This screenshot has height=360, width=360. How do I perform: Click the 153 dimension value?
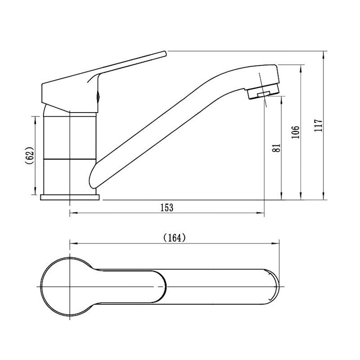167,207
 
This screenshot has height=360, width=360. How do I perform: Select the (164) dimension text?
175,238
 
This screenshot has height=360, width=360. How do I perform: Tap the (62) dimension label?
30,155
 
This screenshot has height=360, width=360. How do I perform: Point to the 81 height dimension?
276,148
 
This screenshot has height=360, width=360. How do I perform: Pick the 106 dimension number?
296,132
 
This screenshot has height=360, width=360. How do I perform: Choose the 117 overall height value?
319,126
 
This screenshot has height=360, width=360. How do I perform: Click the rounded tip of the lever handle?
164,53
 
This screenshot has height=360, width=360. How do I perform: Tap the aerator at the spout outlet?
263,91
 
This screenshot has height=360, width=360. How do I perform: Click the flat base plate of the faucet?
70,197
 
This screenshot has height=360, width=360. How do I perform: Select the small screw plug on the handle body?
98,96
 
